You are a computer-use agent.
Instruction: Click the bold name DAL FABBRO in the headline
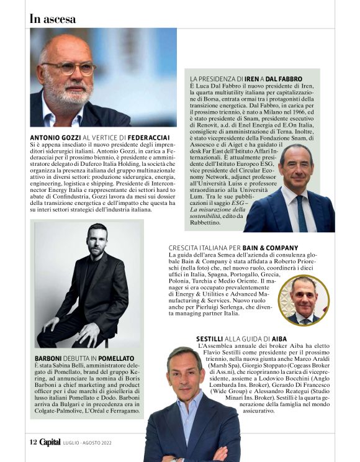pos(284,79)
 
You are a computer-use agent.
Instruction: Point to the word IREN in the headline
pos(251,79)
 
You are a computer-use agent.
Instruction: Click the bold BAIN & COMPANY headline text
pos(269,248)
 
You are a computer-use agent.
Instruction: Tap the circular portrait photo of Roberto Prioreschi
pos(304,301)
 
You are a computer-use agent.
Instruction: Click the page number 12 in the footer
pos(34,442)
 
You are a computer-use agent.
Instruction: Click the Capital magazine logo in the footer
pos(50,442)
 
